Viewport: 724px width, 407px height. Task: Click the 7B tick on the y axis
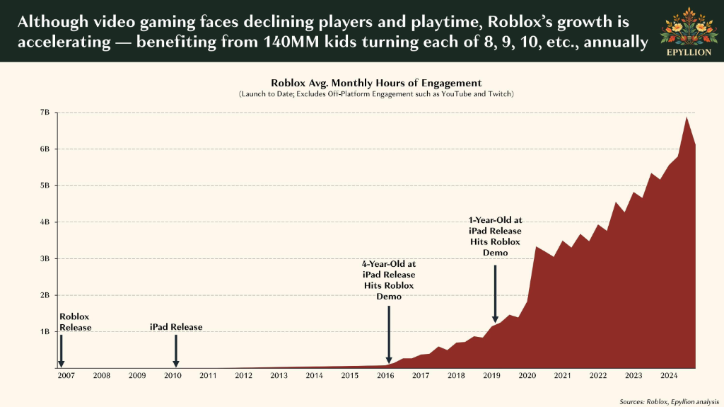coord(45,113)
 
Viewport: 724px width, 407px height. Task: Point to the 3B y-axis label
coord(45,258)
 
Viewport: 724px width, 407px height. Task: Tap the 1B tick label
coord(45,331)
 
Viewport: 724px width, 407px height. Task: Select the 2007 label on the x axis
coord(66,376)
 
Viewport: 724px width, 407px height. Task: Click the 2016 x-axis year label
coord(385,376)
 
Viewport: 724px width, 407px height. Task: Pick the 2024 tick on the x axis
coord(669,376)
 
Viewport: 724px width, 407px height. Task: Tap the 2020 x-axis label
coord(527,376)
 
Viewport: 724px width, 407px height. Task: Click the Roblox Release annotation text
coord(75,322)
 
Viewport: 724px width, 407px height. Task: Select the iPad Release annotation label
coord(176,327)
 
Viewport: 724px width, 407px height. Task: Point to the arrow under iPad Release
coord(176,351)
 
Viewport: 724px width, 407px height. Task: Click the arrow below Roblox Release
coord(61,351)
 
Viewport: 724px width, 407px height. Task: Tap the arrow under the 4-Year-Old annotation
coord(389,334)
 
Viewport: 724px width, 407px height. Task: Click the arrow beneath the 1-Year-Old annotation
coord(495,294)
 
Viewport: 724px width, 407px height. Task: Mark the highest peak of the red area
coord(687,117)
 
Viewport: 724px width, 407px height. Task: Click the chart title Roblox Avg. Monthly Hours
coord(376,83)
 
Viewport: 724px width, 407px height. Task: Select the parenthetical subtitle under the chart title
coord(376,94)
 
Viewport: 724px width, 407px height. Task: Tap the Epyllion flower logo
coord(689,26)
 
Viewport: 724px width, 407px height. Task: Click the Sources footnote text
coord(669,401)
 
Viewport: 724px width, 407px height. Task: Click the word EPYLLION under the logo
coord(689,52)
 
